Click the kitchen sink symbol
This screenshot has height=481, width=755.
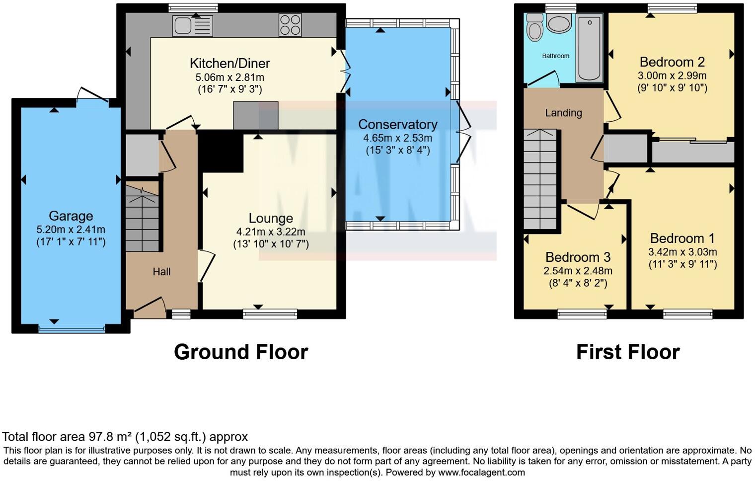192,26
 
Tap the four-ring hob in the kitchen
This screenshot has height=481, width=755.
290,25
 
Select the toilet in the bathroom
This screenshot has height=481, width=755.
534,27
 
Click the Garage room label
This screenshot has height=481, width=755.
71,216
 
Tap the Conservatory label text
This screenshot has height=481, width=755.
397,125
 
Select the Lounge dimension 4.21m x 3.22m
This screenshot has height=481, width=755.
271,232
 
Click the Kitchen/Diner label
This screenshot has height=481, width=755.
229,64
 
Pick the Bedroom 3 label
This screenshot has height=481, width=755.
578,257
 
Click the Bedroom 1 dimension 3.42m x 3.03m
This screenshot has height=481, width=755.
682,252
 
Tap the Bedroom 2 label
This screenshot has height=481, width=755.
672,62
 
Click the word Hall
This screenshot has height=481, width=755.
161,272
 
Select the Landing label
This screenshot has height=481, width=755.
563,113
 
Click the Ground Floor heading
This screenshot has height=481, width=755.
241,352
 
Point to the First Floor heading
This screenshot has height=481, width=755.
627,352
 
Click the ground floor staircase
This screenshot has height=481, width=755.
142,218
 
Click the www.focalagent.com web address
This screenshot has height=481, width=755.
481,473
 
